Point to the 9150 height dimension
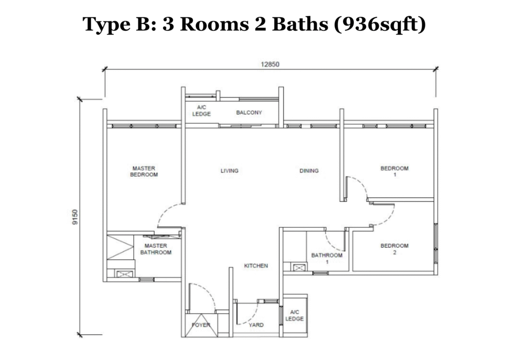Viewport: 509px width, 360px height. point(75,217)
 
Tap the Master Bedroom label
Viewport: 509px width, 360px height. point(144,172)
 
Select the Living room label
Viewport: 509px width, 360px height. point(230,171)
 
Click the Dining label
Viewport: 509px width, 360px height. point(309,171)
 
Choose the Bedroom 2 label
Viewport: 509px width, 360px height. point(394,249)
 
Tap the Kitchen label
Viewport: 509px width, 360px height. point(256,266)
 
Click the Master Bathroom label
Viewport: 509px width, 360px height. point(156,249)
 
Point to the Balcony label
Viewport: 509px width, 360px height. point(249,113)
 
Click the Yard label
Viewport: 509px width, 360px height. point(256,325)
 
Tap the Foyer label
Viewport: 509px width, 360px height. point(201,325)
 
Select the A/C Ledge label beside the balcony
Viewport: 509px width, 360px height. point(201,111)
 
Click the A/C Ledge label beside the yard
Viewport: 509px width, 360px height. point(294,315)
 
